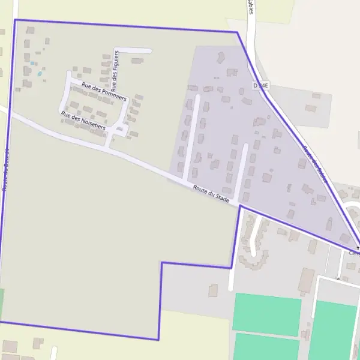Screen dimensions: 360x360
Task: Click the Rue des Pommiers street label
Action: (x=104, y=92)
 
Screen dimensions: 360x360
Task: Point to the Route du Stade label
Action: (x=211, y=196)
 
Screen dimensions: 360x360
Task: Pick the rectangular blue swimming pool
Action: (x=32, y=62)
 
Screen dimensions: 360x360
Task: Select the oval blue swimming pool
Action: (x=40, y=74)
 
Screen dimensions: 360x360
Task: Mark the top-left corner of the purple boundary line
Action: (x=14, y=20)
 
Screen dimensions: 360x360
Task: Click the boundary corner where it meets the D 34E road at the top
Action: (x=237, y=32)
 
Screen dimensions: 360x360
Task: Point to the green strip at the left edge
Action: (x=1, y=304)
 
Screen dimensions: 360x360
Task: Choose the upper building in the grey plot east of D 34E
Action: (x=316, y=95)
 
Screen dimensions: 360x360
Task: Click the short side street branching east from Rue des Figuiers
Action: (x=133, y=50)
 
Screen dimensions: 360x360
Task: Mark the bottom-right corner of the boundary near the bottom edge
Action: (x=158, y=340)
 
